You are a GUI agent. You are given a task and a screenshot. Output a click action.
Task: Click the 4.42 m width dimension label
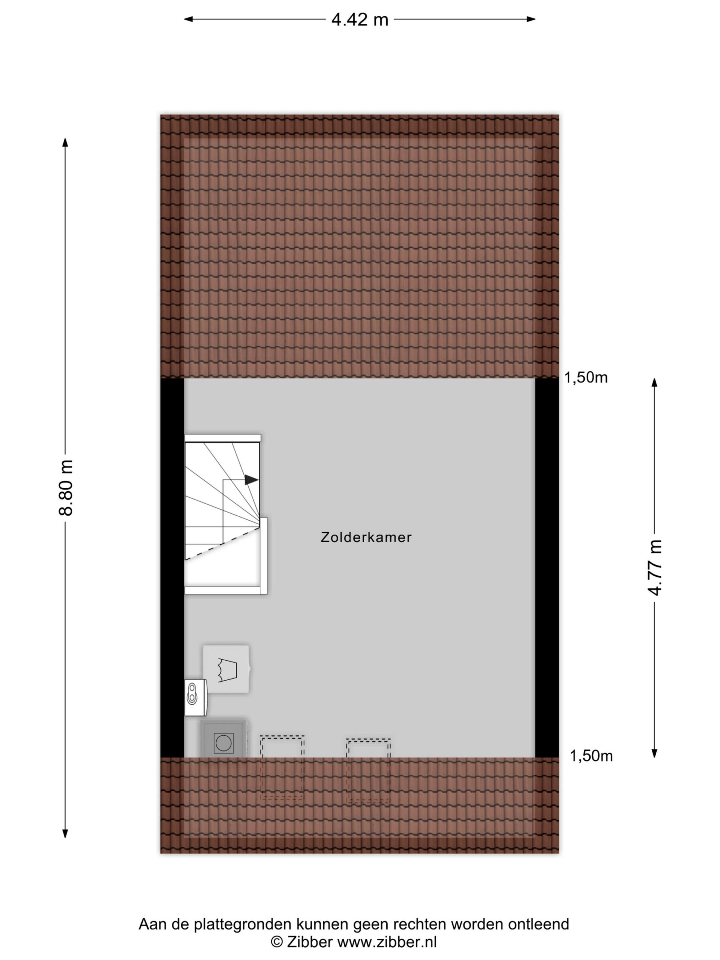[x=360, y=19]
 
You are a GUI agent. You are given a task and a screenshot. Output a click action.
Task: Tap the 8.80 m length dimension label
[x=66, y=487]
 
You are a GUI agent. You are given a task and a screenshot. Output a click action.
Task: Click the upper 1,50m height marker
[x=586, y=378]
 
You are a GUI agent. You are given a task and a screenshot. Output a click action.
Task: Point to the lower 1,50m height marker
[x=591, y=756]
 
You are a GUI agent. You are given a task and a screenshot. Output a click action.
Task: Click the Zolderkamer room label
[x=366, y=537]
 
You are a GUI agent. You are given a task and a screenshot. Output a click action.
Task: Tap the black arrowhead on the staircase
[x=252, y=480]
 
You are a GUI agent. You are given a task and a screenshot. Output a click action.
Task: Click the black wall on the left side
[x=172, y=568]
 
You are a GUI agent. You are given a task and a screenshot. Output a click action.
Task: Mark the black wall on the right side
[x=547, y=568]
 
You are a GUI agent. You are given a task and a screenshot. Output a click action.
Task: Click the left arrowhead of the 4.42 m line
[x=188, y=19]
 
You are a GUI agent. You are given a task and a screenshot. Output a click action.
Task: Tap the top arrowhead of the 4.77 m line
[x=654, y=382]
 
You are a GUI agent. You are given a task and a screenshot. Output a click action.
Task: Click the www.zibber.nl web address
[x=387, y=942]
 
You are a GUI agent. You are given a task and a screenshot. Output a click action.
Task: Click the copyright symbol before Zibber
[x=277, y=942]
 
